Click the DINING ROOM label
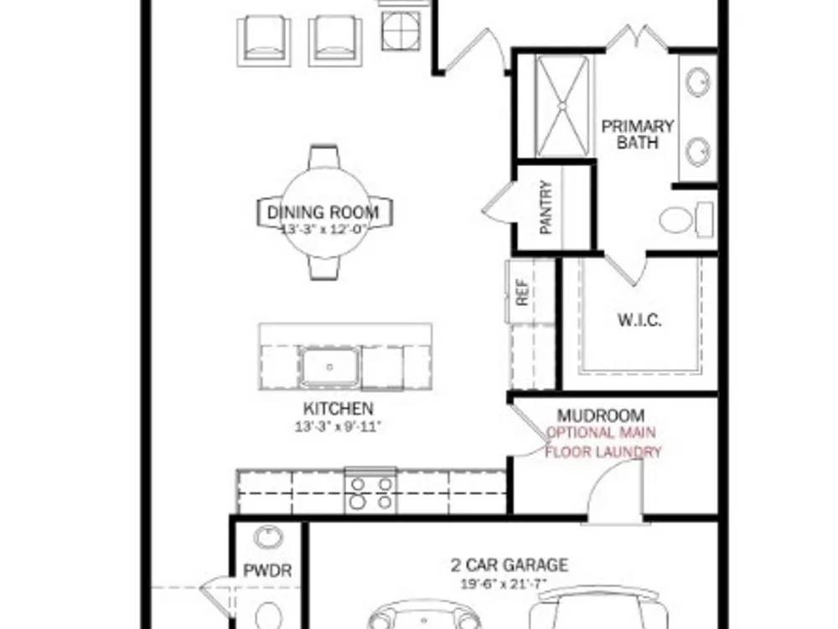point(323,212)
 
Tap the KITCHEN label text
point(339,408)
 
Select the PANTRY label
point(546,207)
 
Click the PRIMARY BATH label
point(638,134)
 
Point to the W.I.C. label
point(639,320)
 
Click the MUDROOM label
point(601,416)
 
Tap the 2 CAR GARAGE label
point(510,564)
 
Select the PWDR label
point(267,570)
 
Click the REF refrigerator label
point(522,292)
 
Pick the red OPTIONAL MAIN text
point(601,432)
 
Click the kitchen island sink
point(329,367)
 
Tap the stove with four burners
point(371,491)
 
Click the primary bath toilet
point(685,219)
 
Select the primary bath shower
point(562,107)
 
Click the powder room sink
point(268,537)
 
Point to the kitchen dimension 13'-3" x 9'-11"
point(339,427)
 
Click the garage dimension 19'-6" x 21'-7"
point(504,583)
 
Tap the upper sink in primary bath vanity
point(698,82)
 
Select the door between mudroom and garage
point(614,491)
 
